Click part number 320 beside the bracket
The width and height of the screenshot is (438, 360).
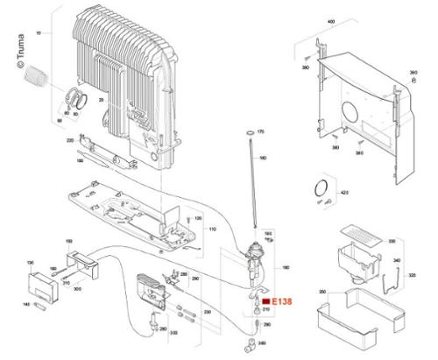coord(413,273)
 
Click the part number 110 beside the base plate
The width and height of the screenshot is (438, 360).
coord(211,229)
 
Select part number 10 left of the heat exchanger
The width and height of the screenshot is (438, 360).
coord(37,32)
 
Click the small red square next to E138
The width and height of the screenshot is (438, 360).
coord(266,300)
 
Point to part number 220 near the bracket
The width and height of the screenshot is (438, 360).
coord(70,140)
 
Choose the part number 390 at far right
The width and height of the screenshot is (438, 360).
coord(414,73)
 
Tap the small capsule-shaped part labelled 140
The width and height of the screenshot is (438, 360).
coord(36,304)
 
